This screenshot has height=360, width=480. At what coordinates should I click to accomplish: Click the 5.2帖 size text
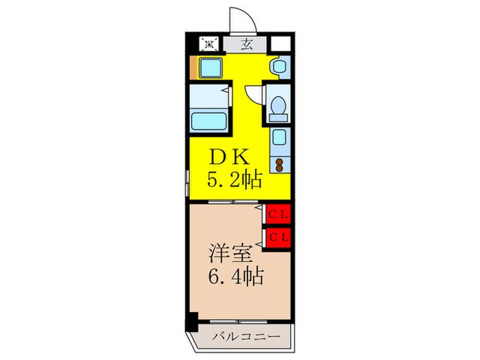pyautogui.click(x=234, y=180)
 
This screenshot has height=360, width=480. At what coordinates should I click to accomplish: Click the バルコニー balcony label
pyautogui.click(x=245, y=337)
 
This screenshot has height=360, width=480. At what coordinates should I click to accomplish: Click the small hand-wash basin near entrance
pyautogui.click(x=278, y=67)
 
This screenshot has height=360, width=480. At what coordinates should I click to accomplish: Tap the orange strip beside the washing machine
pyautogui.click(x=193, y=68)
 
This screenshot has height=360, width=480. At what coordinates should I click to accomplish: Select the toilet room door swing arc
pyautogui.click(x=252, y=93)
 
